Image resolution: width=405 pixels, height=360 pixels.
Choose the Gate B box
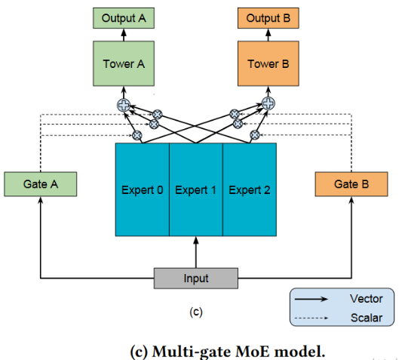351,183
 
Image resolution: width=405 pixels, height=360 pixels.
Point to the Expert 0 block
142,189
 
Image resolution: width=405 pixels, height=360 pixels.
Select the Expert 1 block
196,189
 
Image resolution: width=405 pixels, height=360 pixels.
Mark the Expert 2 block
250,189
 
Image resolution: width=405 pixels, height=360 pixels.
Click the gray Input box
196,278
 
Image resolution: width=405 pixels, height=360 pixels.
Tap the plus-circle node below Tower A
123,104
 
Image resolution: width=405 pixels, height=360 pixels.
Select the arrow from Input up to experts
196,251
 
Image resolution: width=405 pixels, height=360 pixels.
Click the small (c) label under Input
196,311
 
